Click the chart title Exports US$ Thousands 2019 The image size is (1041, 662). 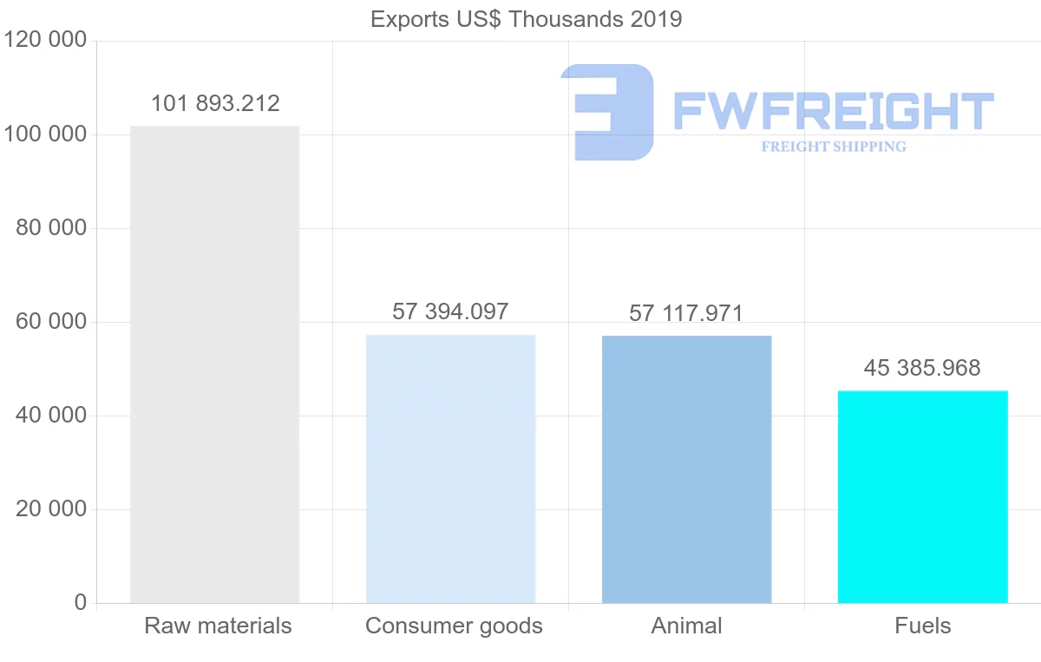point(526,19)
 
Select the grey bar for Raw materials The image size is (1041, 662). point(214,364)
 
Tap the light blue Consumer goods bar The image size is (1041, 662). point(450,469)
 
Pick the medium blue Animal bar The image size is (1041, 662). point(686,469)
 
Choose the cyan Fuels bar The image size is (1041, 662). point(922,496)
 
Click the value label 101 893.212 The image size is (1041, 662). point(215,104)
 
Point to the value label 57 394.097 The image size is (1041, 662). point(450,311)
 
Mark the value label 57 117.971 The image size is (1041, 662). point(686,313)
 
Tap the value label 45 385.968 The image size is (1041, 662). point(922,368)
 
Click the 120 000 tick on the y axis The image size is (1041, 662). point(46,41)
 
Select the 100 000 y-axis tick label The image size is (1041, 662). point(46,134)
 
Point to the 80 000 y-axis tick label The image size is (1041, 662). point(52,228)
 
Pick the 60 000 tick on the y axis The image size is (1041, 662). point(52,322)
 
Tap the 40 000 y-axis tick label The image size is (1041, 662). point(52,416)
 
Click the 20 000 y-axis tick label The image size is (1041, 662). point(52,509)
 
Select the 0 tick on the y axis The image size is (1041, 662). point(81,603)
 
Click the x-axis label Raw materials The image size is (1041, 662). point(218,626)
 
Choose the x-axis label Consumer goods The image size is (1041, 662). point(454,626)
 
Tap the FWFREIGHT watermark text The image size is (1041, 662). point(833,111)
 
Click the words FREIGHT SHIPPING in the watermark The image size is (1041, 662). point(834,147)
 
